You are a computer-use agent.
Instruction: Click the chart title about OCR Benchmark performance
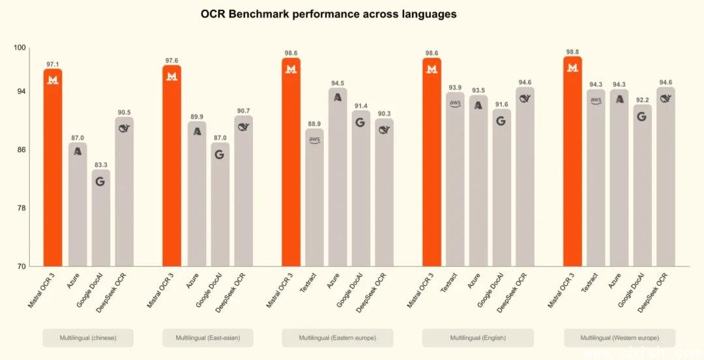coord(329,14)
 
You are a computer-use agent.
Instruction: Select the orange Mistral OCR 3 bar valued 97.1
coord(53,170)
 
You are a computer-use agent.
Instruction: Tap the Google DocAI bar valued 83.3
coord(100,218)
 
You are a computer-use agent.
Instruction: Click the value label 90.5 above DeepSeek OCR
coord(124,112)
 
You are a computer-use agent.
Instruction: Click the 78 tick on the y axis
coord(21,208)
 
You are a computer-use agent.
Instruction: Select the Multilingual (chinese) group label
coord(88,338)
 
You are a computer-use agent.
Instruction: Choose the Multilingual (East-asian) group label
coord(207,338)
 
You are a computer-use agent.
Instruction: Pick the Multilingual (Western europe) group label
coord(620,338)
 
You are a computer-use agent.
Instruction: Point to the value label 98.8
coord(573,51)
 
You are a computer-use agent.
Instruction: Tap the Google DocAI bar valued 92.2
coord(642,186)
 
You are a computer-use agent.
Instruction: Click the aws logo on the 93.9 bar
coord(455,103)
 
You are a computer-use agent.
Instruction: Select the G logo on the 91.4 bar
coord(361,122)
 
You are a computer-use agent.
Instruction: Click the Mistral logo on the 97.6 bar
coord(172,77)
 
